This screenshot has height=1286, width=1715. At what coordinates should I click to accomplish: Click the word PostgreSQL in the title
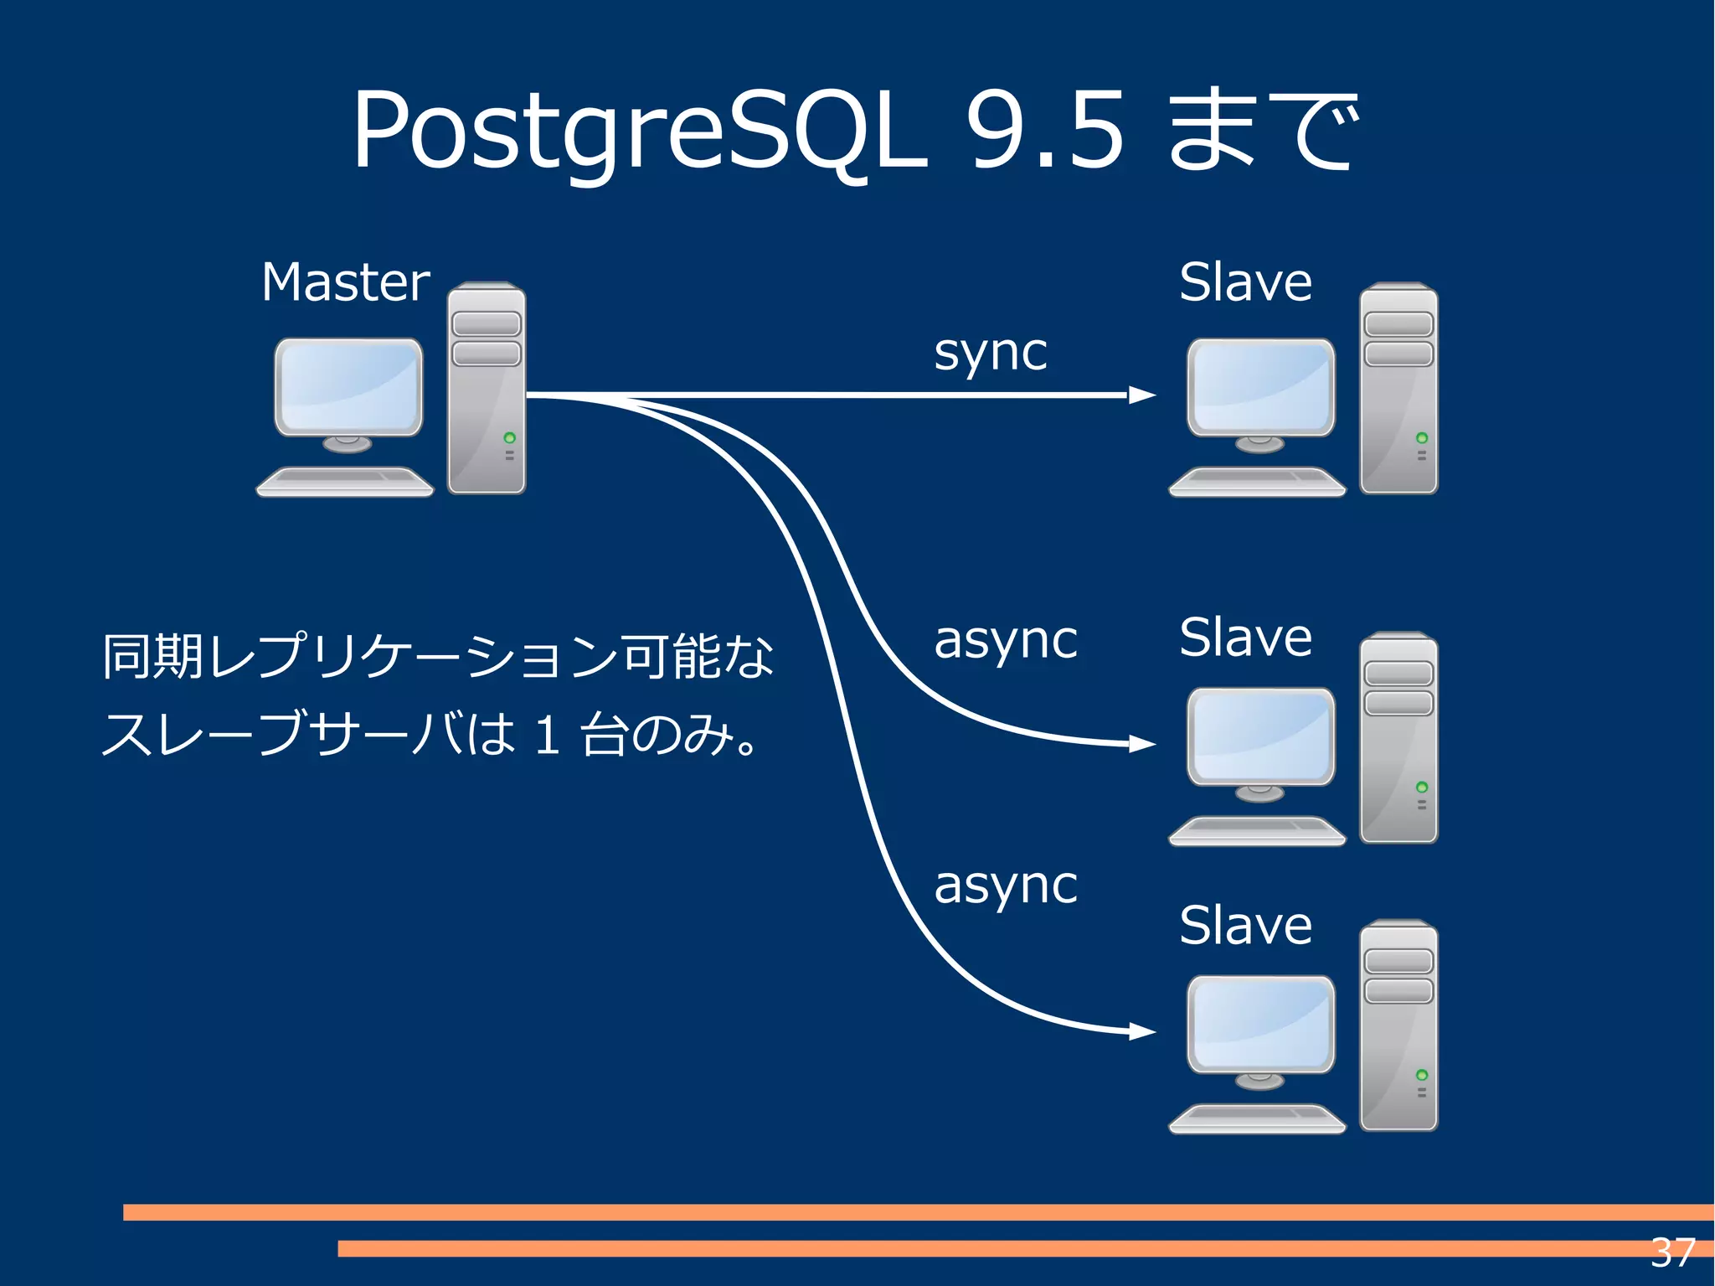pyautogui.click(x=641, y=132)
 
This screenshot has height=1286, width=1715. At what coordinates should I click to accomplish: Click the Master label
pyautogui.click(x=345, y=282)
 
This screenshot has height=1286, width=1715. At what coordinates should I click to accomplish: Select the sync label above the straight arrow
pyautogui.click(x=990, y=353)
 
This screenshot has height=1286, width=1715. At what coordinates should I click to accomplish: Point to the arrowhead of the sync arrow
pyautogui.click(x=1141, y=395)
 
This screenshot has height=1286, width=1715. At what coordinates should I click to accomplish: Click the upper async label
pyautogui.click(x=1005, y=641)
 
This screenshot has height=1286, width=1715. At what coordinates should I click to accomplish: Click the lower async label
pyautogui.click(x=1005, y=886)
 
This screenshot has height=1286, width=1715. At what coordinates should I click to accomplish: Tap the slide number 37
pyautogui.click(x=1672, y=1253)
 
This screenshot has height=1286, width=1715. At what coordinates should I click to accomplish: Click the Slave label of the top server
pyautogui.click(x=1245, y=282)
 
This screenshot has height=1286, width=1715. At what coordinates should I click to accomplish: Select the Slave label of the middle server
pyautogui.click(x=1245, y=638)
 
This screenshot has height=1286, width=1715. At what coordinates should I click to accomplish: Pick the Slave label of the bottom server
pyautogui.click(x=1245, y=926)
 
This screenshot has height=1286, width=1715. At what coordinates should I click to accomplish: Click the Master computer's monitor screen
pyautogui.click(x=349, y=386)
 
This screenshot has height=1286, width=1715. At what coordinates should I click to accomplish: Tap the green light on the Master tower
pyautogui.click(x=509, y=438)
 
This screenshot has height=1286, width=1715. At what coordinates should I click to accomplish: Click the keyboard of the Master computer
pyautogui.click(x=345, y=482)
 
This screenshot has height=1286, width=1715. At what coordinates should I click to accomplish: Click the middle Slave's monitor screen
pyautogui.click(x=1261, y=736)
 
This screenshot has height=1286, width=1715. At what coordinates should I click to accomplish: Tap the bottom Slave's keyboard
pyautogui.click(x=1257, y=1118)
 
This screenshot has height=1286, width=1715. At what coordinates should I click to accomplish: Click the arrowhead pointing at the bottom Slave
pyautogui.click(x=1141, y=1031)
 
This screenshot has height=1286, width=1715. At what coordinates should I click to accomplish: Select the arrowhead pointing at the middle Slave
pyautogui.click(x=1141, y=743)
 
